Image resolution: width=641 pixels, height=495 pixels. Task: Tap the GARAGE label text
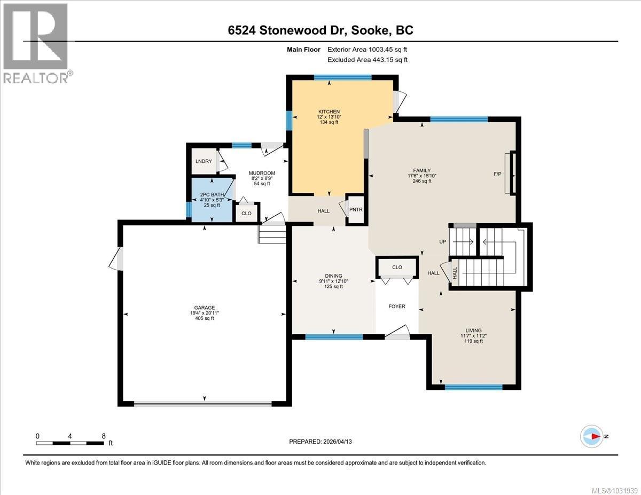click(x=204, y=308)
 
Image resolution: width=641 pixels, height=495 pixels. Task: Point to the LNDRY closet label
click(x=203, y=161)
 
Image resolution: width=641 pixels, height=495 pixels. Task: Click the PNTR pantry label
click(x=356, y=209)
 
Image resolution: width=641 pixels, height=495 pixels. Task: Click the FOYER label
click(x=396, y=307)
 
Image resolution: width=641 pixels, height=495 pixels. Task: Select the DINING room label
click(x=333, y=276)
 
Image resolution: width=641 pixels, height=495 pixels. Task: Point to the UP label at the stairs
click(x=442, y=242)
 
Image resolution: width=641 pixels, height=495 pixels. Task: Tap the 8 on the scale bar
click(x=103, y=436)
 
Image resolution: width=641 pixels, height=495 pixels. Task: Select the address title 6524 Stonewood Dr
click(x=320, y=30)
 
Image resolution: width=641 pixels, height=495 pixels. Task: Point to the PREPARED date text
click(x=320, y=442)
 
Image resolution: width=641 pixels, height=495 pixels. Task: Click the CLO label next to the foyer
click(x=396, y=267)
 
